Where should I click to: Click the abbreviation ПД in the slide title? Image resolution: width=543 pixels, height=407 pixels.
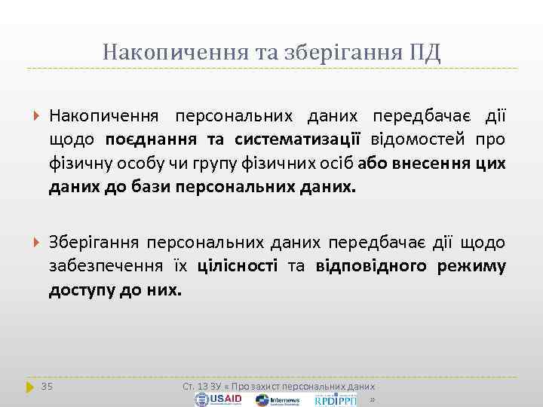click(x=425, y=53)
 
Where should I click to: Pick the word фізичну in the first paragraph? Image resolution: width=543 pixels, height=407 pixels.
click(x=78, y=162)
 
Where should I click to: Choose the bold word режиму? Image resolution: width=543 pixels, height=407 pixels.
click(x=473, y=266)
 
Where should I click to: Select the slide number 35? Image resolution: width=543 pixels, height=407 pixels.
click(x=47, y=386)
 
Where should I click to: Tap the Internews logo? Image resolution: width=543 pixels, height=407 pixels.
click(x=278, y=399)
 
